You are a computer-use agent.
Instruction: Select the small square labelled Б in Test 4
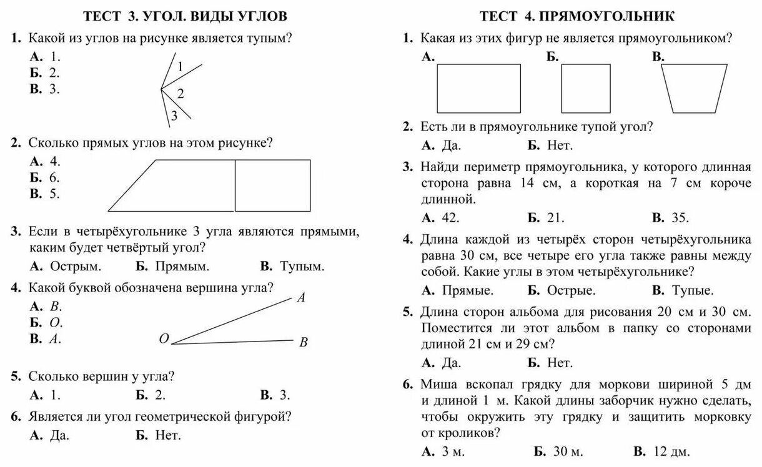pyautogui.click(x=585, y=87)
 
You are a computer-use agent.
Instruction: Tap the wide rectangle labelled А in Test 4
pyautogui.click(x=478, y=87)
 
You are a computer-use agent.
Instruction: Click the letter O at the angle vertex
pyautogui.click(x=164, y=339)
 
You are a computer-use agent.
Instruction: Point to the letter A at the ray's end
pyautogui.click(x=301, y=298)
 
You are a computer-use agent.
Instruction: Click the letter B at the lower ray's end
pyautogui.click(x=304, y=342)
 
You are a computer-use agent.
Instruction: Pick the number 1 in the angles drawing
pyautogui.click(x=180, y=67)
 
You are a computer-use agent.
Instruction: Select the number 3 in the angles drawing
pyautogui.click(x=174, y=116)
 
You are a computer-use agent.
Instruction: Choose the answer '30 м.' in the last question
pyautogui.click(x=567, y=451)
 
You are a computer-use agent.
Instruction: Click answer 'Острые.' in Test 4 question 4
pyautogui.click(x=571, y=290)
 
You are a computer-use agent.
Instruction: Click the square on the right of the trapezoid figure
pyautogui.click(x=272, y=185)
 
